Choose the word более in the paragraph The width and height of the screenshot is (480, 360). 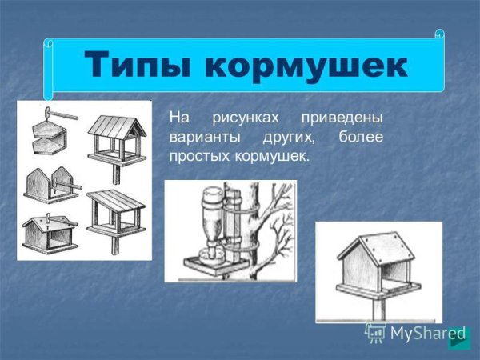pos(361,137)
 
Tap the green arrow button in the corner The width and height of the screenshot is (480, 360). pos(458,340)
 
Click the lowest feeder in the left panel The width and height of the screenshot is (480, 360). pos(50,234)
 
